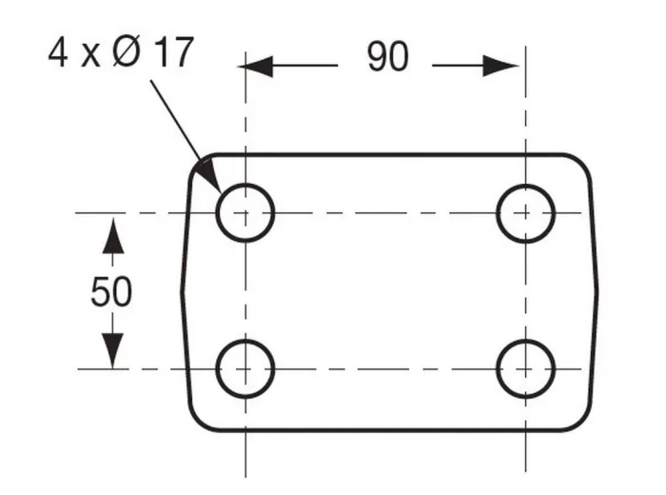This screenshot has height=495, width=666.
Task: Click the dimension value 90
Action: (388, 56)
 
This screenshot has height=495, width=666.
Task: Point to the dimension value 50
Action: (111, 291)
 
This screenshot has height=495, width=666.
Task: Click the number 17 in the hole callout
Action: (173, 52)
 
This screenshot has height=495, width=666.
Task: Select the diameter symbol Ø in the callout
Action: (127, 52)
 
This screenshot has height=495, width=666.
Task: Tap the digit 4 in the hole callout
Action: (58, 52)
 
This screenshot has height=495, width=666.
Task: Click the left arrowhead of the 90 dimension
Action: (256, 66)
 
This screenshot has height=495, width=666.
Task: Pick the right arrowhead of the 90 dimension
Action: (500, 66)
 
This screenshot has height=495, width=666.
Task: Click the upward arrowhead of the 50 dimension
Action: (113, 236)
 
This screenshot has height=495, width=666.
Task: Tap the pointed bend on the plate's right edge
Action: (597, 292)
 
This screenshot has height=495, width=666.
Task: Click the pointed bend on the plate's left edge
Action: (183, 292)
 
